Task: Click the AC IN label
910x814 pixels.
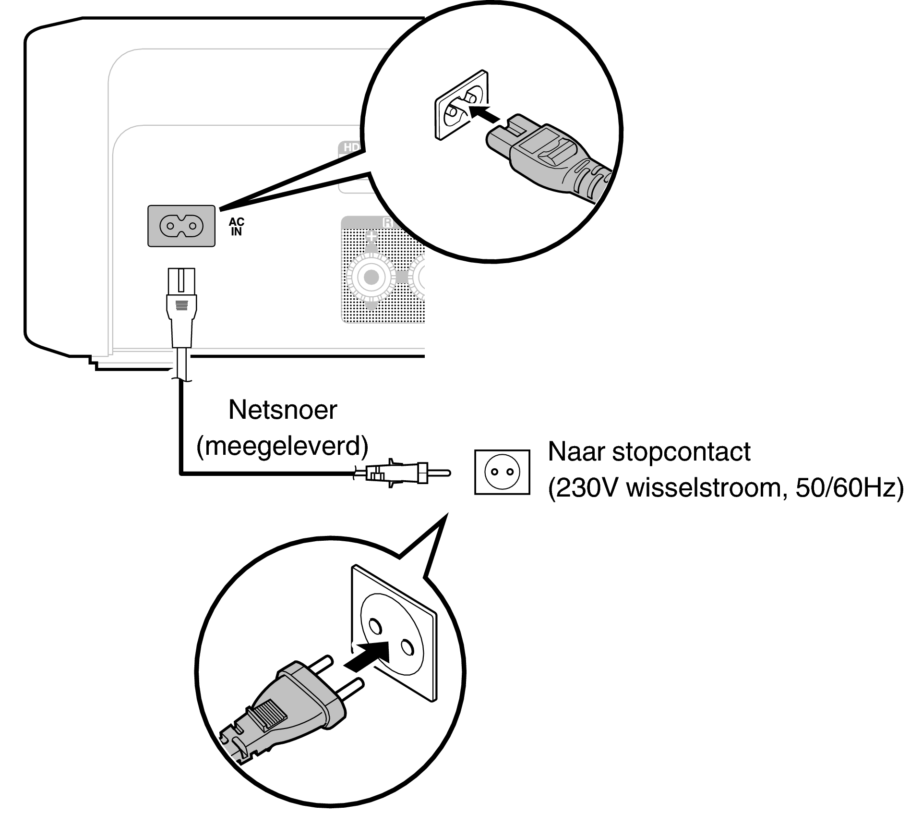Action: coord(236,227)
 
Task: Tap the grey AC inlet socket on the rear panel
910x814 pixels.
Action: coord(181,226)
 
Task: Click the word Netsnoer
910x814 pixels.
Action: coord(282,410)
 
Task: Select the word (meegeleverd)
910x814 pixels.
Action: coord(282,446)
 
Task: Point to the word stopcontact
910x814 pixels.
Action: coord(681,451)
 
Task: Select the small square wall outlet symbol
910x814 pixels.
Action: coord(502,472)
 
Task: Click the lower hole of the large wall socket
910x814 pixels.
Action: coord(407,648)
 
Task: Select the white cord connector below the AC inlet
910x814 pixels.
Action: coord(181,307)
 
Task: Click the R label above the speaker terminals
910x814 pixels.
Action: coord(387,222)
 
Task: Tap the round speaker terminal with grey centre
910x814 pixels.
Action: coord(371,277)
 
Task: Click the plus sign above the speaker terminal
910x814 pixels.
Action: coord(371,236)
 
